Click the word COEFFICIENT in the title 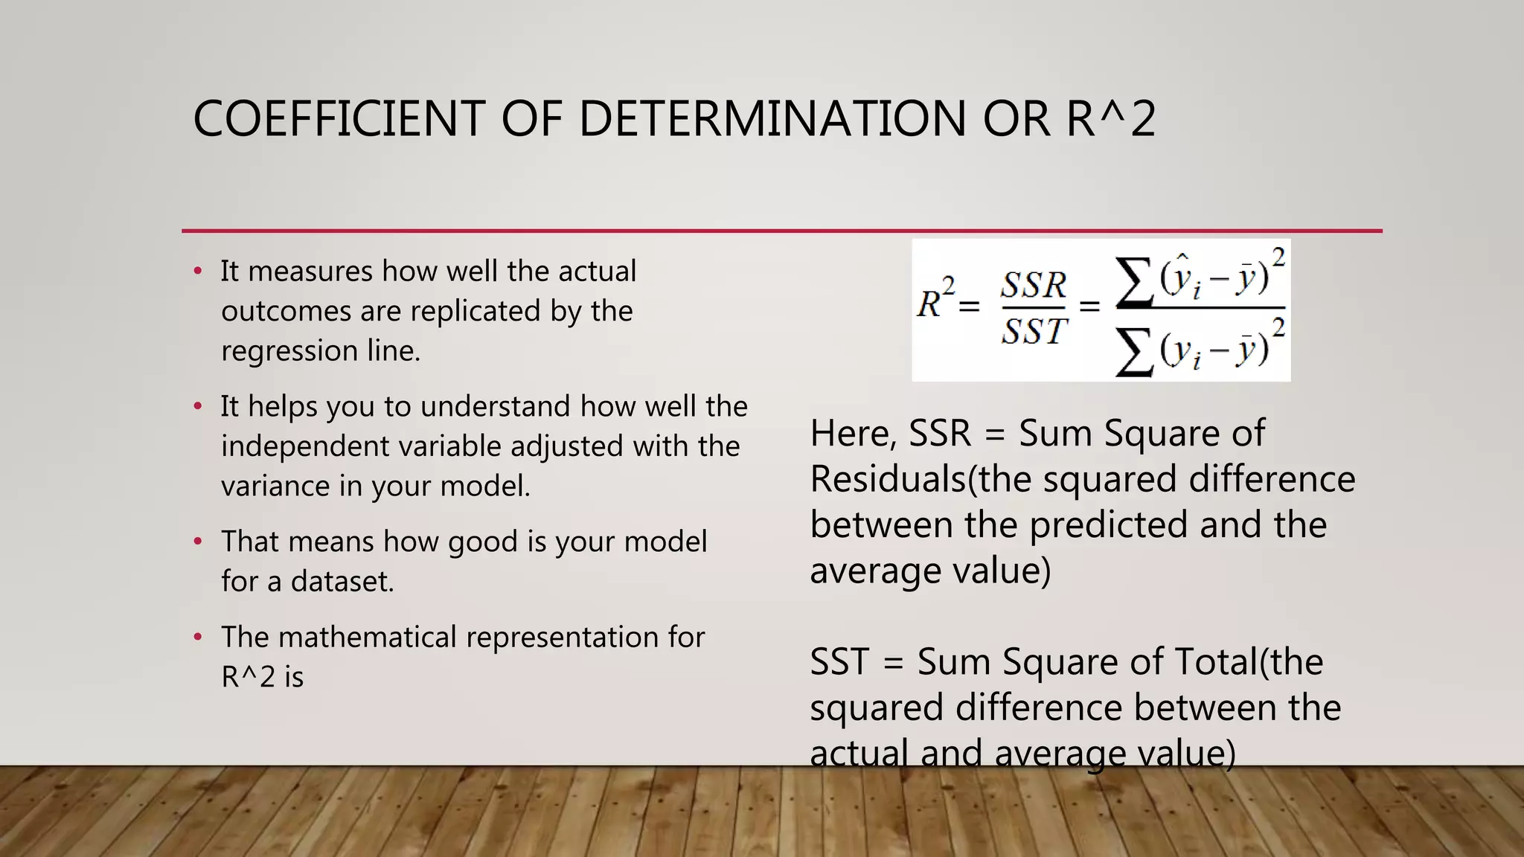click(339, 119)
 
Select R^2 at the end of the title click(1111, 119)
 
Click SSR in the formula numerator click(1034, 285)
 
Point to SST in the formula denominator click(1034, 331)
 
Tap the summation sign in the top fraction click(1133, 283)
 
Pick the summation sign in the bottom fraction click(1133, 353)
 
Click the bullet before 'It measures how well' click(198, 272)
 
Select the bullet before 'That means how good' click(198, 542)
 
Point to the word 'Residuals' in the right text click(888, 479)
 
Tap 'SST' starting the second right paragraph click(839, 662)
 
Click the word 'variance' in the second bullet click(275, 487)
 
